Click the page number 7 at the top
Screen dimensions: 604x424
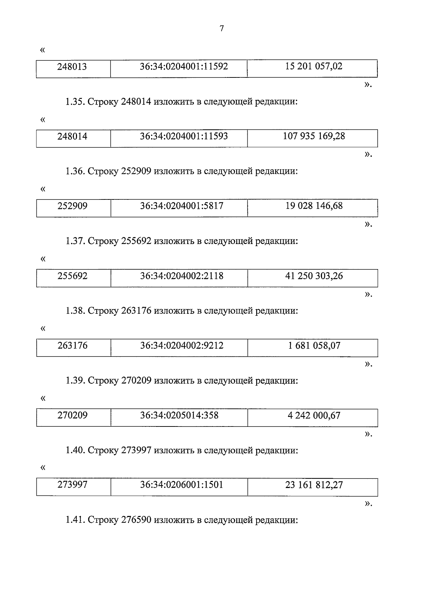pyautogui.click(x=222, y=29)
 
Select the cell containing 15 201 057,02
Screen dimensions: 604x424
pyautogui.click(x=313, y=66)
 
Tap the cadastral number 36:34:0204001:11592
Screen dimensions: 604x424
pyautogui.click(x=184, y=66)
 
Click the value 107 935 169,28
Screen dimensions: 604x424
pyautogui.click(x=313, y=136)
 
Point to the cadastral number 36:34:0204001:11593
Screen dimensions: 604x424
pyautogui.click(x=184, y=136)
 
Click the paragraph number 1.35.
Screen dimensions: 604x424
pyautogui.click(x=75, y=102)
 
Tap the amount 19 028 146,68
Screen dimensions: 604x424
pyautogui.click(x=314, y=206)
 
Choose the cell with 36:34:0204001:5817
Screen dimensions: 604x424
pyautogui.click(x=182, y=206)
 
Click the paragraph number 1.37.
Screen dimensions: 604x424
pyautogui.click(x=75, y=242)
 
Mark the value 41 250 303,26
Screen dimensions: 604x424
pyautogui.click(x=314, y=276)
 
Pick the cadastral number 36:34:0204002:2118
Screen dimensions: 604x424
pyautogui.click(x=182, y=276)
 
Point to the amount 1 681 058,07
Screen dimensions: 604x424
pyautogui.click(x=314, y=346)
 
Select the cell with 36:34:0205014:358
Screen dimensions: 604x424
pyautogui.click(x=179, y=416)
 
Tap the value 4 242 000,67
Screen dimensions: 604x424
pyautogui.click(x=314, y=416)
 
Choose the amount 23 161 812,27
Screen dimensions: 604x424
pyautogui.click(x=314, y=485)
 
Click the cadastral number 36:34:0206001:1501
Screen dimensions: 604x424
pyautogui.click(x=182, y=485)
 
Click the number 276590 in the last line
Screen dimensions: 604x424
pyautogui.click(x=136, y=521)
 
